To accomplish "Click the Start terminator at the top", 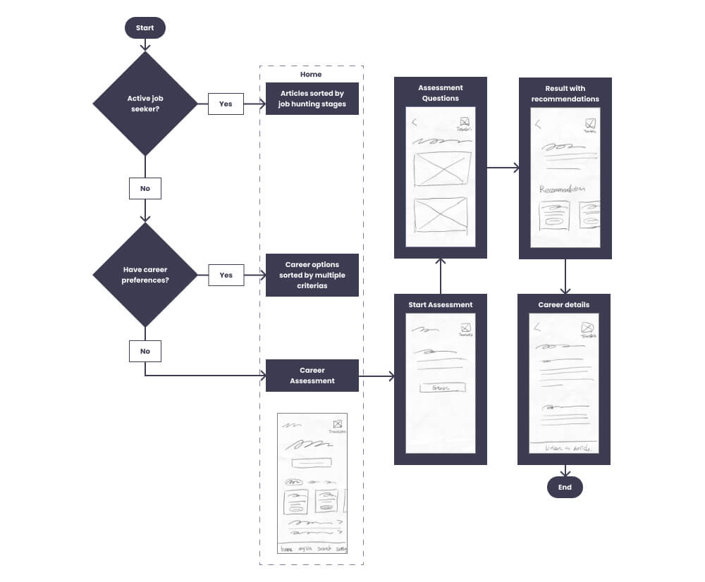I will click(145, 28).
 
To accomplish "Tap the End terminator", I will click(565, 488).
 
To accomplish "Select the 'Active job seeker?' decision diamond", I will click(145, 104).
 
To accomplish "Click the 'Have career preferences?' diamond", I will click(145, 275).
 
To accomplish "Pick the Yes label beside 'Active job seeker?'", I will click(226, 104).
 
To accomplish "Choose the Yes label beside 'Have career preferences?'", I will click(226, 275).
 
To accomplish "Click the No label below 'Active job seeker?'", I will click(145, 189).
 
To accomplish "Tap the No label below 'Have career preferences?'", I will click(145, 351).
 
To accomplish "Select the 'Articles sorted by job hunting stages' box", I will click(312, 99).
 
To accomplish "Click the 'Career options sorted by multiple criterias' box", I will click(312, 275).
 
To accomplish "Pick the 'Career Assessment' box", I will click(312, 376).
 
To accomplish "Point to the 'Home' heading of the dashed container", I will click(311, 74).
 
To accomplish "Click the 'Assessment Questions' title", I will click(440, 93).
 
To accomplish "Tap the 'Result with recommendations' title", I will click(565, 94).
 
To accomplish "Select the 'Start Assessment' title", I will click(440, 305).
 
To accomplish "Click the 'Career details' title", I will click(564, 305).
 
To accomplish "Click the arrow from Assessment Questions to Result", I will click(503, 168).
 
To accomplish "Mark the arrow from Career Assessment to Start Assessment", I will click(376, 377).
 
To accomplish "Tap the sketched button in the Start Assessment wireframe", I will click(442, 388).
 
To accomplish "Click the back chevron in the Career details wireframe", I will click(538, 327).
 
